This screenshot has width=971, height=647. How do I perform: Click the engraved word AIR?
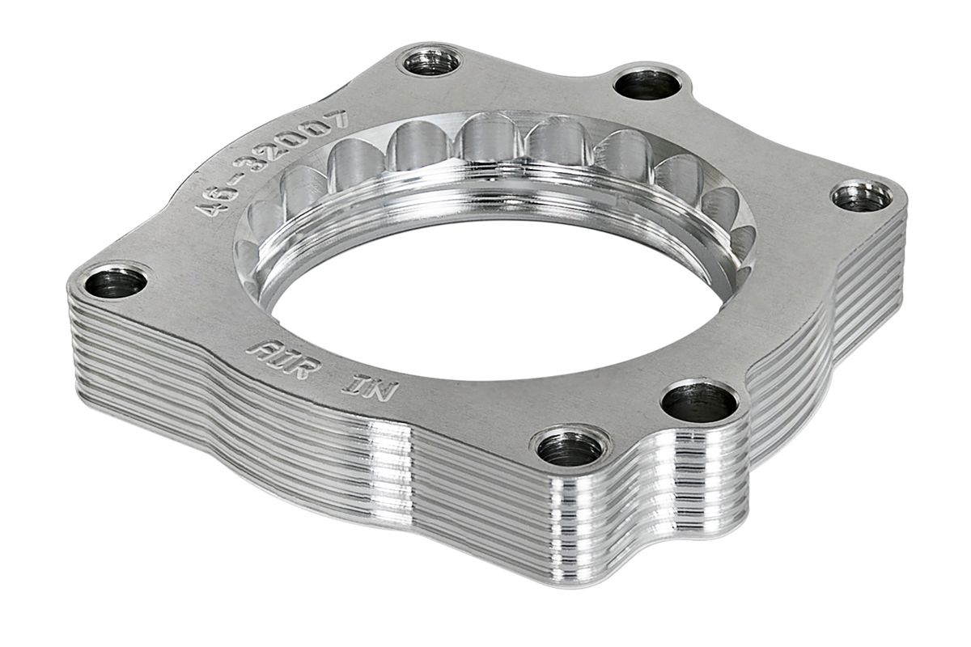pyautogui.click(x=283, y=359)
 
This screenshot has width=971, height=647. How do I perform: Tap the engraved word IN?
pyautogui.click(x=370, y=388)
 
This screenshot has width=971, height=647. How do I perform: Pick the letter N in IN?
pyautogui.click(x=380, y=391)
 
